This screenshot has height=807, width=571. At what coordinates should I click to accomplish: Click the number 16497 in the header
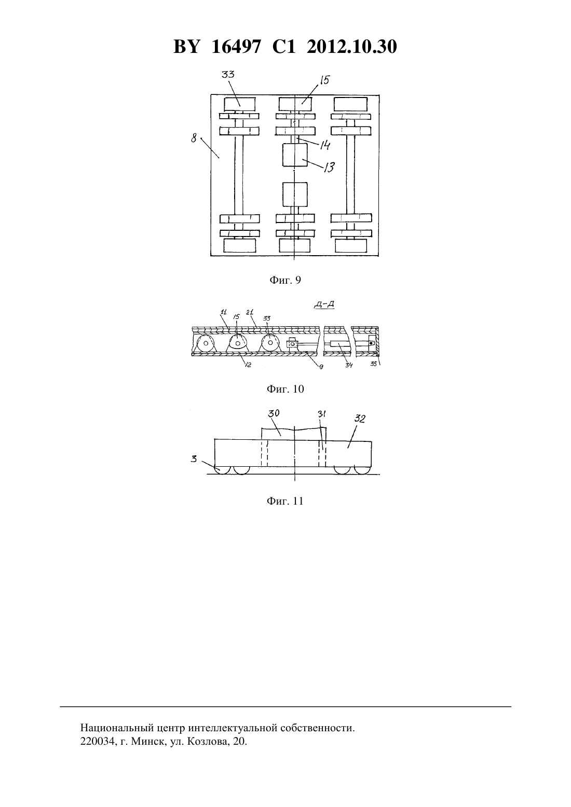pos(236,47)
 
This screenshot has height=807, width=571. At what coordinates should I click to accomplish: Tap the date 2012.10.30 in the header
pos(352,47)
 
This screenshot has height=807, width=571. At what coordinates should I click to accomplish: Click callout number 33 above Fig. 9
pos(227,74)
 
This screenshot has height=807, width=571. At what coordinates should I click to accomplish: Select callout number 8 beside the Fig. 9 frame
pos(194,137)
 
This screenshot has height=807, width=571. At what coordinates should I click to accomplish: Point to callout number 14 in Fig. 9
pos(325,145)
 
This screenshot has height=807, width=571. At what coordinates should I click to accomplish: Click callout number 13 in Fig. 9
pos(329,167)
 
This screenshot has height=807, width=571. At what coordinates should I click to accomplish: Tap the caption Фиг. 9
pos(285,280)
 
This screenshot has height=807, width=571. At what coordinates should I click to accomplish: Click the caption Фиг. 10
pos(285,389)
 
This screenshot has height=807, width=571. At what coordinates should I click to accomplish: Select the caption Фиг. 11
pos(285,501)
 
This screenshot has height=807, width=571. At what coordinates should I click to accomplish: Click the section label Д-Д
pos(324,305)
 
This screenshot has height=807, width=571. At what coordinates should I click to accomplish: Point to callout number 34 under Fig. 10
pos(349,365)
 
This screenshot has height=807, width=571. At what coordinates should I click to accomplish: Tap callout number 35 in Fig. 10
pos(373,364)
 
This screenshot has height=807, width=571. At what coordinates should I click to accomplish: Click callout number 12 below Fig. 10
pos(248,365)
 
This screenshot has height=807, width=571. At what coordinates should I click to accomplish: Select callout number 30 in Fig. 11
pos(274,413)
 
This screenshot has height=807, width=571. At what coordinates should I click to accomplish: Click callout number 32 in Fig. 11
pos(360,419)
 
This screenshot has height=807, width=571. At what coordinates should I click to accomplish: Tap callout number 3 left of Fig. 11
pos(194,459)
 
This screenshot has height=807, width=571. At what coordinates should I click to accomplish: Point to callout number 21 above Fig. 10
pos(250,312)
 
